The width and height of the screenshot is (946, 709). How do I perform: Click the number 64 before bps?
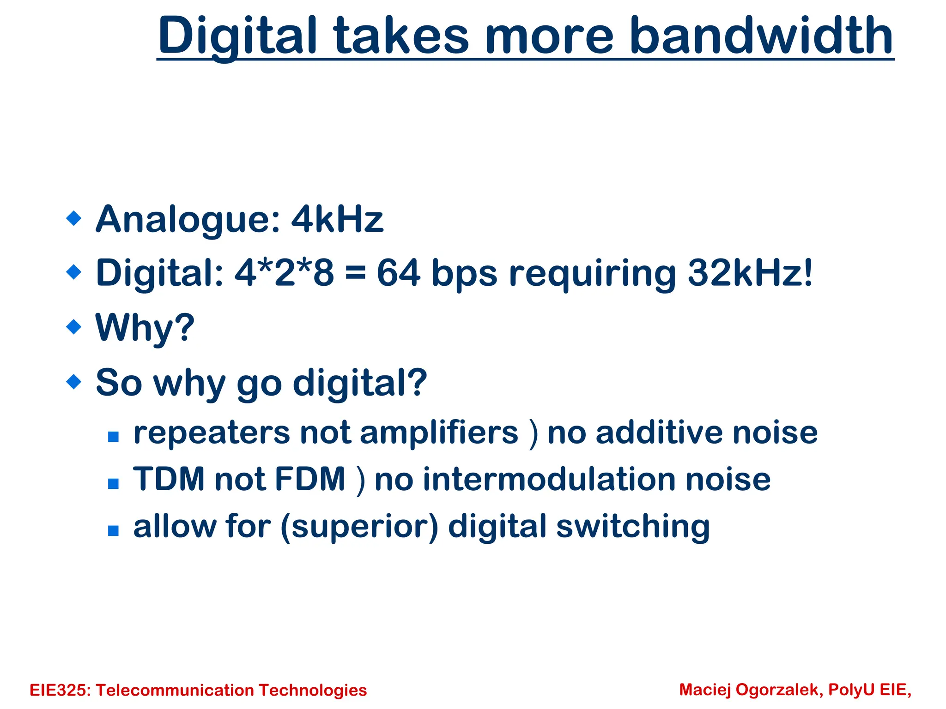click(398, 273)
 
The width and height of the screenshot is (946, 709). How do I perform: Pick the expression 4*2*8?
click(284, 273)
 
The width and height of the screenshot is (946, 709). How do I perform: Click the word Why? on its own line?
click(145, 328)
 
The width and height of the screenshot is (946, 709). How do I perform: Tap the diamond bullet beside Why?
click(74, 327)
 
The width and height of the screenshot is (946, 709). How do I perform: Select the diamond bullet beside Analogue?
click(74, 218)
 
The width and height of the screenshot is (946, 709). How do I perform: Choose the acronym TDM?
click(169, 479)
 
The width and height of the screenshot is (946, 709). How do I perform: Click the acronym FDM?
click(310, 479)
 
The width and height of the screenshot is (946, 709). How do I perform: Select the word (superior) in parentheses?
click(359, 527)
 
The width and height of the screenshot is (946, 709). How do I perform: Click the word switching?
click(633, 527)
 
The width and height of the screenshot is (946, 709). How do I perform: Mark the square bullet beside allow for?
click(113, 530)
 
